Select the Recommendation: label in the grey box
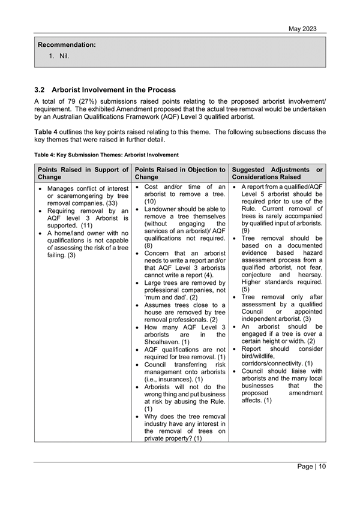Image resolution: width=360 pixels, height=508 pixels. point(67,45)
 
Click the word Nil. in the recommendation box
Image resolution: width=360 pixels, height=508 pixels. point(64,56)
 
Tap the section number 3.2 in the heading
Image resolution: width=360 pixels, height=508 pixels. point(41,90)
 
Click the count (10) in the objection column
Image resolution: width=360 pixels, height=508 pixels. point(151,202)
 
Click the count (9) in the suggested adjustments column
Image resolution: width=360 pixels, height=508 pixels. point(245,230)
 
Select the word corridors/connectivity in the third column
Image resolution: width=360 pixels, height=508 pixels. point(272,363)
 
